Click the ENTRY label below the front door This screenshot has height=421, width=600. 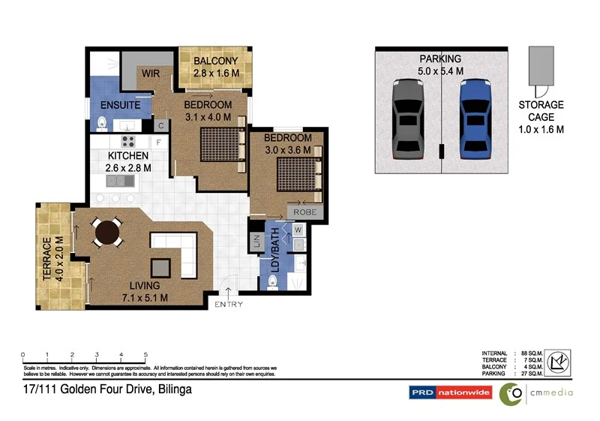coord(228,305)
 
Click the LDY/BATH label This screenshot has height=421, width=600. coord(275,250)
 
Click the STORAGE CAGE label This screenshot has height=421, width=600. coord(541,117)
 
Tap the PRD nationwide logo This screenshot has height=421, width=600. coord(449,392)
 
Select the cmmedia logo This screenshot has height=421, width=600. coord(537,392)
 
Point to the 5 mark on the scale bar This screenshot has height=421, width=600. coord(145,354)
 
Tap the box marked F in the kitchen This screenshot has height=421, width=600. coord(158,141)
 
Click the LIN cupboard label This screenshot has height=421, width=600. coord(254,242)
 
